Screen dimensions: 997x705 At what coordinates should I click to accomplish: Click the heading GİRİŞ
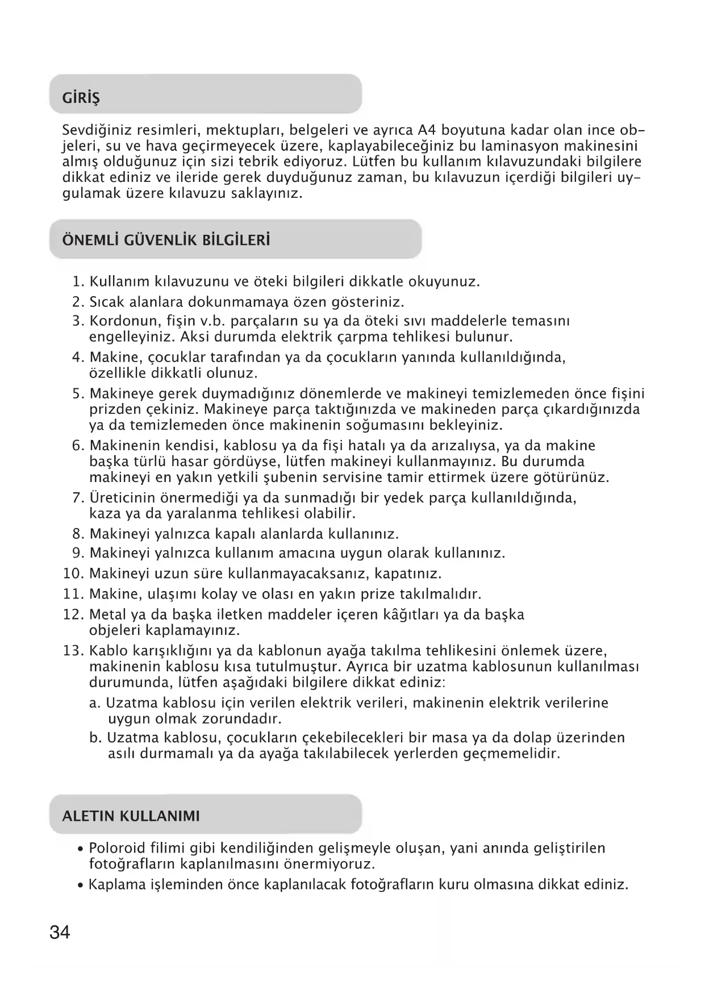pyautogui.click(x=81, y=98)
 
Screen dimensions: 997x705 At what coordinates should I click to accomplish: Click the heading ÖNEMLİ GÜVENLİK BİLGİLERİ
pyautogui.click(x=166, y=240)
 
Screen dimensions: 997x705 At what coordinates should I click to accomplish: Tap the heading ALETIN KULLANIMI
pyautogui.click(x=131, y=816)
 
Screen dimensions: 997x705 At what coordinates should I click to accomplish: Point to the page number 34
pyautogui.click(x=60, y=933)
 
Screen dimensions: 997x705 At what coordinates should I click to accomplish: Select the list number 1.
pyautogui.click(x=78, y=282)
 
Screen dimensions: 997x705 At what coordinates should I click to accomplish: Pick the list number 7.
pyautogui.click(x=78, y=498)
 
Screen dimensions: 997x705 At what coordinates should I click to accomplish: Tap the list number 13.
pyautogui.click(x=73, y=650)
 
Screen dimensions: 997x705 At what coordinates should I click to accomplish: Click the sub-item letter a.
pyautogui.click(x=95, y=703)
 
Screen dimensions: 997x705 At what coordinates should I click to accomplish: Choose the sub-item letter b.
pyautogui.click(x=95, y=738)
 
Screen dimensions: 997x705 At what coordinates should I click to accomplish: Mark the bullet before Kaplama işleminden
pyautogui.click(x=82, y=886)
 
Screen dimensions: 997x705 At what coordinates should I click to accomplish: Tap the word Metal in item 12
pyautogui.click(x=107, y=615)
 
